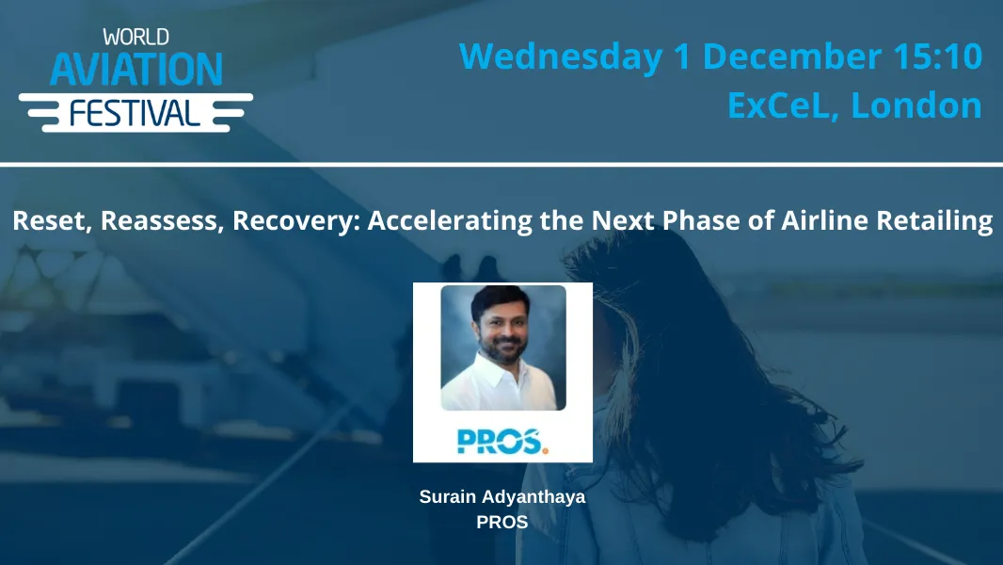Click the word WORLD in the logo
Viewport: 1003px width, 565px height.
coord(135,37)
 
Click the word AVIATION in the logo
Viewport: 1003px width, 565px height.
coord(135,70)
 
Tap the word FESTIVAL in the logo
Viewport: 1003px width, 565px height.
coord(135,113)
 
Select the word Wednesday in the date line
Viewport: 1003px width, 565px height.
coord(560,56)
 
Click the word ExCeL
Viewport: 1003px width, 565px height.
coord(783,105)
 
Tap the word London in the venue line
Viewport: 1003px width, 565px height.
coord(916,105)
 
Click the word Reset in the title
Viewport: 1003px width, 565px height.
coord(46,221)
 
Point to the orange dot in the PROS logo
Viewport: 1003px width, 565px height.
coord(545,449)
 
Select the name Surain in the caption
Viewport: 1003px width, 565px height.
coord(447,496)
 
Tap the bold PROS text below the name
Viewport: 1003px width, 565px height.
coord(502,521)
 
